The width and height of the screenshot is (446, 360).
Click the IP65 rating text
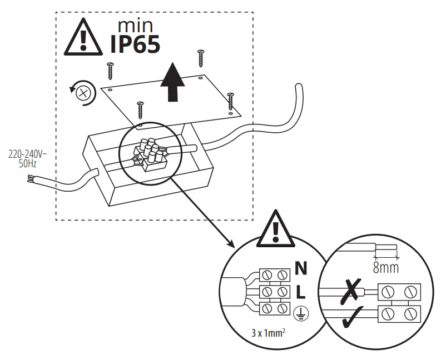click(x=135, y=44)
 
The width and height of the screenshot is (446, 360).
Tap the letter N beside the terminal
click(x=301, y=269)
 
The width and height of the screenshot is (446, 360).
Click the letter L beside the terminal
click(x=300, y=291)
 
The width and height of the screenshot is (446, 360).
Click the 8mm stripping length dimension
click(x=386, y=268)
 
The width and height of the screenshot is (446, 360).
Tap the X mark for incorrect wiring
click(x=349, y=289)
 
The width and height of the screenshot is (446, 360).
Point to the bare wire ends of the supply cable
click(x=30, y=179)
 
